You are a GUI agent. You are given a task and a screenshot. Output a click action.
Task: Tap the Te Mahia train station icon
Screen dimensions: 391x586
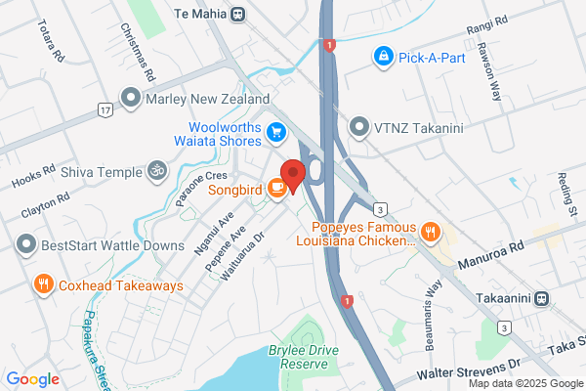[240, 14]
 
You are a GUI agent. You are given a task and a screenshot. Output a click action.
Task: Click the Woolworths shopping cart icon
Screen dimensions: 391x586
[277, 131]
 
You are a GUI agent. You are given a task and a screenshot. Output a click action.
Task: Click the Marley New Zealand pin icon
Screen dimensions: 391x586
[129, 99]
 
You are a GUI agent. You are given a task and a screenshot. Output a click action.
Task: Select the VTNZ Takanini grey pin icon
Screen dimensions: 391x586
[359, 127]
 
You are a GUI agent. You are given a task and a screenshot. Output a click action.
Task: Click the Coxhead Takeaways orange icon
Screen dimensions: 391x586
[43, 284]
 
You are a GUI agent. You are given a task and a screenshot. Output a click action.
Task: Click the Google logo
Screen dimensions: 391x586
[33, 379]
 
